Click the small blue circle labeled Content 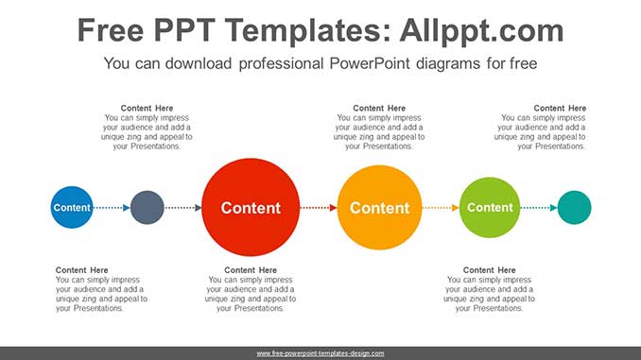[72, 208]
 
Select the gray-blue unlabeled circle [147, 208]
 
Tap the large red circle [250, 208]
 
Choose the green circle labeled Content [490, 208]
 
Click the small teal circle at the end [574, 208]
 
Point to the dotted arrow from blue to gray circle [112, 208]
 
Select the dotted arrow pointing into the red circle [183, 208]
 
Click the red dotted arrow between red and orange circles [318, 208]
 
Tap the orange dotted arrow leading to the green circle [440, 208]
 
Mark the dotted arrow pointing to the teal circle [539, 208]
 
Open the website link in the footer [320, 353]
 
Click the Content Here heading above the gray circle [147, 109]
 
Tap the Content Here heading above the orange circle [379, 109]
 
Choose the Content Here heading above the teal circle [560, 109]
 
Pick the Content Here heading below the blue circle [82, 270]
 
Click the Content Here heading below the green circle [490, 270]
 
